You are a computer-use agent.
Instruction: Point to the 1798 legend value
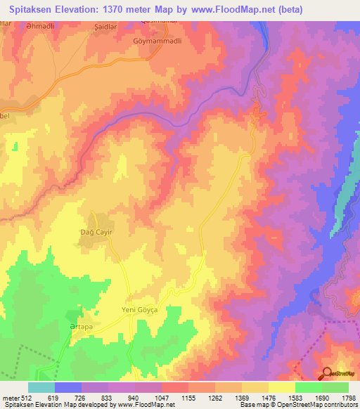348,397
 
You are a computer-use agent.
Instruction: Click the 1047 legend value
162,397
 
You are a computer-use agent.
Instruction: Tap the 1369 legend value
241,397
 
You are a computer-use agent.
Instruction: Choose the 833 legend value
108,397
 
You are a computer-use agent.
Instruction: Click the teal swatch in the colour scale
41,387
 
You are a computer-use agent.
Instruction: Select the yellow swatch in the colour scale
281,387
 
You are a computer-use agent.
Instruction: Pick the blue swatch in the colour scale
68,387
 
